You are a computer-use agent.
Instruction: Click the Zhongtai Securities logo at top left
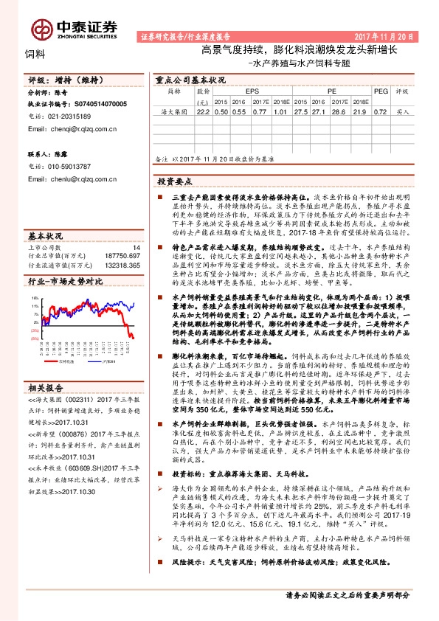coord(74,28)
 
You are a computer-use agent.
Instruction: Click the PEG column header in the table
coord(380,91)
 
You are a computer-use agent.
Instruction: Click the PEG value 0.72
coord(380,112)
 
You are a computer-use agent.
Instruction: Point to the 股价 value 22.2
coord(203,112)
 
